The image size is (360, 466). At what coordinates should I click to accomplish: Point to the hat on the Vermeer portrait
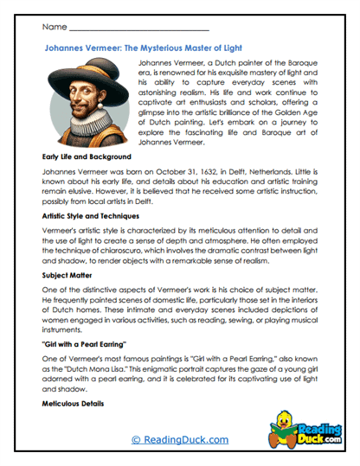point(87,77)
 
